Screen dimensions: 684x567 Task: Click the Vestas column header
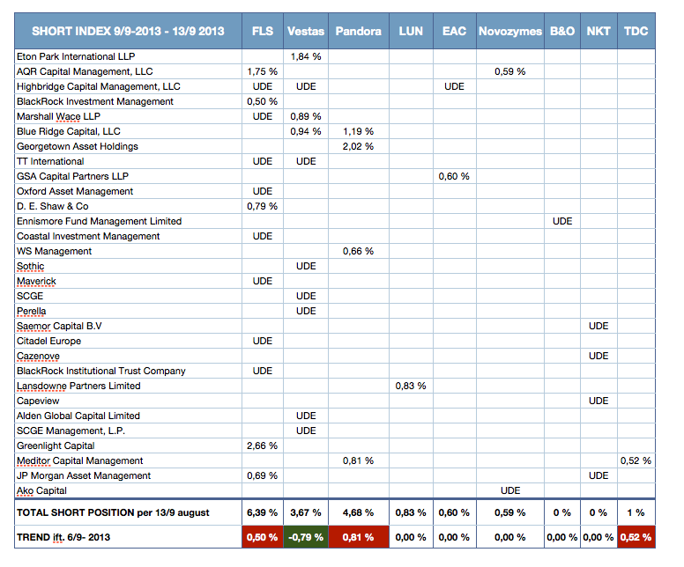click(306, 31)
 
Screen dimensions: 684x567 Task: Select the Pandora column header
click(358, 31)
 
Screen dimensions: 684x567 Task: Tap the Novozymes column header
click(510, 31)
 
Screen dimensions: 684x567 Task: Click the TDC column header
click(636, 31)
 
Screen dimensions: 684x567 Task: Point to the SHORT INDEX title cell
click(129, 31)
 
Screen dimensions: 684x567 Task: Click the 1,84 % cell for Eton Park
click(306, 56)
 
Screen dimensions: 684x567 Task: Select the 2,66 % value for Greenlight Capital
click(262, 445)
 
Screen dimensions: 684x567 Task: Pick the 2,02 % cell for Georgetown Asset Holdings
click(358, 146)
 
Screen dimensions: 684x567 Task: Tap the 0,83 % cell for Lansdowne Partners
click(411, 386)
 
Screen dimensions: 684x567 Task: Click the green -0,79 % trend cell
click(306, 537)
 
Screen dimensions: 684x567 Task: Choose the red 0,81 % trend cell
click(358, 537)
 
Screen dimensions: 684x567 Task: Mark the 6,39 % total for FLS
click(262, 512)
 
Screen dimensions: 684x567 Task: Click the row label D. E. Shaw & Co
click(52, 206)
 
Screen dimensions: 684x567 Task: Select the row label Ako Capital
click(41, 490)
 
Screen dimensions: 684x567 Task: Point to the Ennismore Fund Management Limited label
click(99, 221)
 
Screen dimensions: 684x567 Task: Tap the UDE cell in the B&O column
click(562, 221)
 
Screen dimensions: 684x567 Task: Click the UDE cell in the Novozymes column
click(510, 490)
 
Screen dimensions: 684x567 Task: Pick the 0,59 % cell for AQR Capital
click(510, 71)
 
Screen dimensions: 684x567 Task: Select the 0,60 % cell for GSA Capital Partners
click(454, 176)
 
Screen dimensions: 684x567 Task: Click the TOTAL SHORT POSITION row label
click(113, 512)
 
